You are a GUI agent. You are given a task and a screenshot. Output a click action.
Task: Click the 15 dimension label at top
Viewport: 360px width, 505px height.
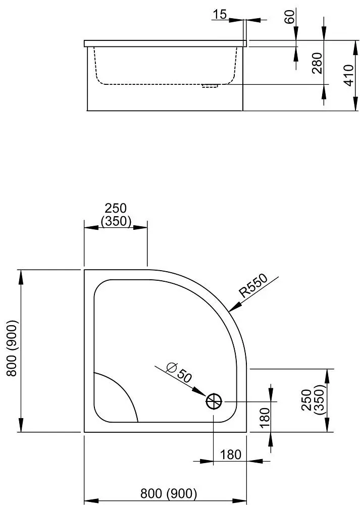point(220,14)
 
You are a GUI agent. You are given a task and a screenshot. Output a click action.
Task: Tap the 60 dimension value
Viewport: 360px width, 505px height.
point(290,17)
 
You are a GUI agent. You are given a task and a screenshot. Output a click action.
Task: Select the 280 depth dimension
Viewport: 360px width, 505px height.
point(317,63)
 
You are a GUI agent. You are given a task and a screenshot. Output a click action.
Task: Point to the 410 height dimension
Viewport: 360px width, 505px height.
point(349,75)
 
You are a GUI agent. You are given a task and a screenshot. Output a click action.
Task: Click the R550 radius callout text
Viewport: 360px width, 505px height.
point(253,285)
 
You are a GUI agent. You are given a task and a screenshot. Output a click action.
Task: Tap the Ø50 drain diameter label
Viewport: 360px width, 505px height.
point(179,373)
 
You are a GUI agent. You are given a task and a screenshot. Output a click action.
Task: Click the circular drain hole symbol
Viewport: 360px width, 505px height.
point(214,401)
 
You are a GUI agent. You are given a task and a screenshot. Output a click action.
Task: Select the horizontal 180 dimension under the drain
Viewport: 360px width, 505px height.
point(231,454)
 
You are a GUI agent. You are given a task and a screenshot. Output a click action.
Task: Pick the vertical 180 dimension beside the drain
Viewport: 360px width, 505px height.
point(265,418)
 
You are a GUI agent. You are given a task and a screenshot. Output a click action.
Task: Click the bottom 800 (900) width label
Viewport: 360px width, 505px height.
point(169,493)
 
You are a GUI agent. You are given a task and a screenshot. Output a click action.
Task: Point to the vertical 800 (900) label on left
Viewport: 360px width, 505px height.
point(12,348)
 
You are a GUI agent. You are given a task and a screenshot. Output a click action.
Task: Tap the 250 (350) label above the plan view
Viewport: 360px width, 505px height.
point(116,215)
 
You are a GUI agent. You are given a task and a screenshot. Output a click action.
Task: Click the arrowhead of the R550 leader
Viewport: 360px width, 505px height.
point(233,307)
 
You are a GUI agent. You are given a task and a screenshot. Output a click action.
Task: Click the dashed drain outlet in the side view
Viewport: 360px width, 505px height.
point(210,86)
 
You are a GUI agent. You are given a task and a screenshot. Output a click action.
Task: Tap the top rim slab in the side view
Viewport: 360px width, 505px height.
point(165,43)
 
